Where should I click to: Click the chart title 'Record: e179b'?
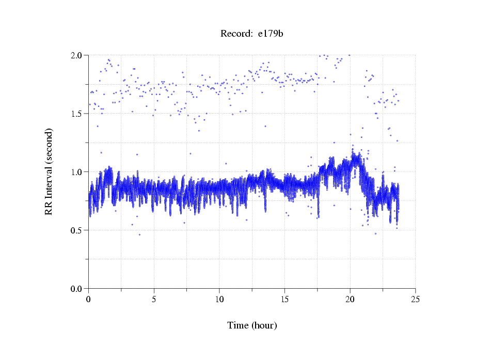pos(252,34)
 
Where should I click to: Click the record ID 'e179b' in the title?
pos(271,34)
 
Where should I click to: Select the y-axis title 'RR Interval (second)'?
pos(49,171)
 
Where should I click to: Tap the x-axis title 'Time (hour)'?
pos(252,325)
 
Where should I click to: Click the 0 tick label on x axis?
pos(89,299)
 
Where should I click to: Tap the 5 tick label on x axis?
pos(154,299)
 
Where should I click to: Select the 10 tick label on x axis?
pos(219,299)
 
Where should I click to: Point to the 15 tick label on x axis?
pos(285,299)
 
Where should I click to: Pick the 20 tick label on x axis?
pos(350,299)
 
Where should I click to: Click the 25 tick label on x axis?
pos(416,299)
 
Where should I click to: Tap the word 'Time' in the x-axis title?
pos(238,325)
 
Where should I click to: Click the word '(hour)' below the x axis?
pos(264,325)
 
